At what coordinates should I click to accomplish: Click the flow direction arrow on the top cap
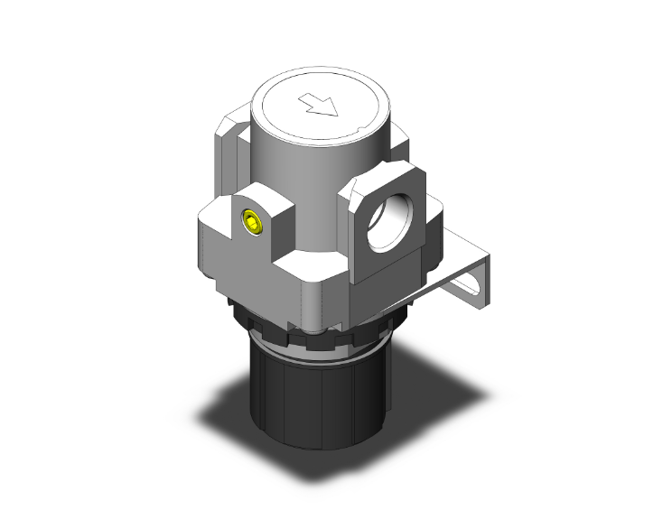pyautogui.click(x=322, y=107)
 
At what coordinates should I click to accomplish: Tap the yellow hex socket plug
pyautogui.click(x=251, y=220)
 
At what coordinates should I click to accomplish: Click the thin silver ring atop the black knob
pyautogui.click(x=316, y=347)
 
